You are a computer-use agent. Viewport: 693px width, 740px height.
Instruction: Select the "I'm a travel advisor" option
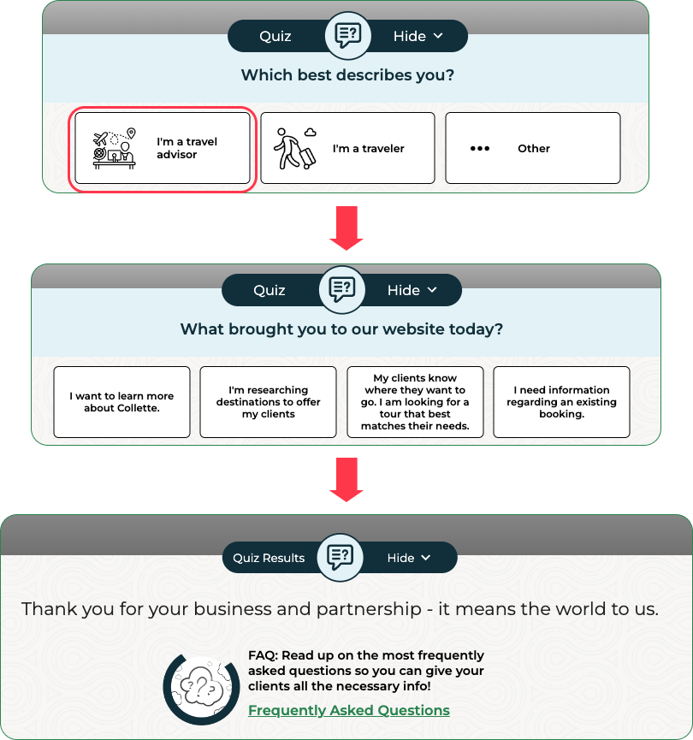163,148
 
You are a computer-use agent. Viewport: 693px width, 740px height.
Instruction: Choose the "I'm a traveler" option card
347,148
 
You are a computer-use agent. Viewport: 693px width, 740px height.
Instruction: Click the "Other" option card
532,148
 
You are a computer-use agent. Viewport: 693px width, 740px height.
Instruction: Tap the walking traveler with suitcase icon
295,148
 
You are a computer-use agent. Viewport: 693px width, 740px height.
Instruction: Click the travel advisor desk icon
115,149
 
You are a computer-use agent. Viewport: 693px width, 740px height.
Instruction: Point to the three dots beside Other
480,149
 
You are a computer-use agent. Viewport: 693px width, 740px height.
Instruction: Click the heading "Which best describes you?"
347,75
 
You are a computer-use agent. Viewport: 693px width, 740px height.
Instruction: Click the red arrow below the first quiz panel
346,228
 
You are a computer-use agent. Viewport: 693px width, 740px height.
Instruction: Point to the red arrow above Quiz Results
346,479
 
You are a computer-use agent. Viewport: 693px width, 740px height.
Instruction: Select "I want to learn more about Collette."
121,402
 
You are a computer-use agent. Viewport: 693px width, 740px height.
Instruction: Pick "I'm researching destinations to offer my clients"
268,402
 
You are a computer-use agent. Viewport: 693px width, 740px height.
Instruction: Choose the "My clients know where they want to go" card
415,402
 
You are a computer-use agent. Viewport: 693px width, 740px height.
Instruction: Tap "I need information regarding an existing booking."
561,402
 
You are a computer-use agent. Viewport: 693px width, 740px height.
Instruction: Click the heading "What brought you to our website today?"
341,329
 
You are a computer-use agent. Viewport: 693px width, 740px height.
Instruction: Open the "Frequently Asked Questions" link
349,710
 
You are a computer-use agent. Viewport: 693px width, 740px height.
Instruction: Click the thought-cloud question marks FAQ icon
201,689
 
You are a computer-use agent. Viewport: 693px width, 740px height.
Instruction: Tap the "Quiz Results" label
269,558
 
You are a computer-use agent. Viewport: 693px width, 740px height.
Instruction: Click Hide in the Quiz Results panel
409,558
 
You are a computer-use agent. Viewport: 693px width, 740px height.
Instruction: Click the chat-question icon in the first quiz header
348,35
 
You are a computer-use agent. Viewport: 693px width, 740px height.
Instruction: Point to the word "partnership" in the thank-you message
369,609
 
